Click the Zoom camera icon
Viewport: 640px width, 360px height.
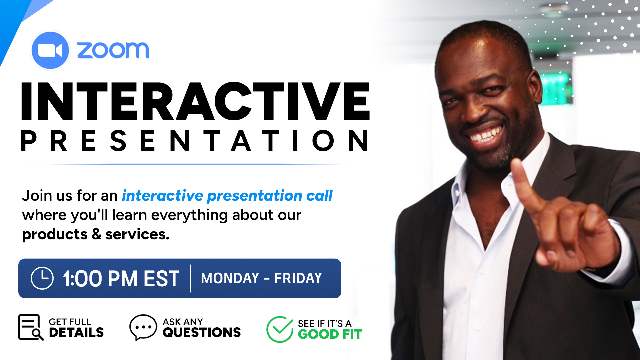click(50, 51)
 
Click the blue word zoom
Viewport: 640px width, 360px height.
click(113, 50)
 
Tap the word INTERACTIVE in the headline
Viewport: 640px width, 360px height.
click(196, 101)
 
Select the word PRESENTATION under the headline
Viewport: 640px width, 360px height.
click(195, 141)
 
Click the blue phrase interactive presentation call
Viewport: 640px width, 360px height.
click(227, 196)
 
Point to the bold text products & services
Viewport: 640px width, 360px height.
click(96, 234)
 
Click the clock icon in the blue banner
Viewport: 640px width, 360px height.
click(42, 278)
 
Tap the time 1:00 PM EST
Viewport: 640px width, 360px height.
click(121, 279)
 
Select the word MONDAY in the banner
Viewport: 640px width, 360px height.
click(230, 278)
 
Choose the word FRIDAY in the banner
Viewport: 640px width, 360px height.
click(298, 278)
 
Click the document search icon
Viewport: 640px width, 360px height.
click(31, 328)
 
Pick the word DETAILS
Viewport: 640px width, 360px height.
click(76, 332)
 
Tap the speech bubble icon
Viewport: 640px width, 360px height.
click(143, 327)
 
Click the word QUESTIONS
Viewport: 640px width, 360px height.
click(202, 332)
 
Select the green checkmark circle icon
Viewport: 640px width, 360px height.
click(280, 329)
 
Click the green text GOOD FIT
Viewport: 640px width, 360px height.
click(330, 334)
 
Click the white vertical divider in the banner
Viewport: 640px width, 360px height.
click(190, 278)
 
